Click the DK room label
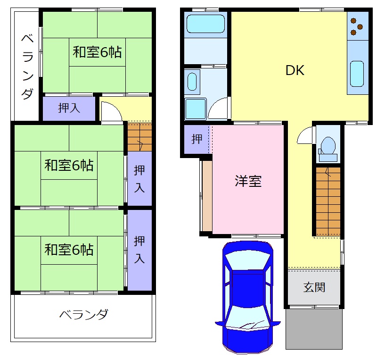point(295,70)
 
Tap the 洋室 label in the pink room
point(248,181)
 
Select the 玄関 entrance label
point(314,287)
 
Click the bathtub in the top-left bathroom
point(205,24)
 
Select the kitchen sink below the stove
point(357,74)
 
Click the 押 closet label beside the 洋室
point(197,139)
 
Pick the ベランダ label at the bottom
point(84,315)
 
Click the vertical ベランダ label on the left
point(26,66)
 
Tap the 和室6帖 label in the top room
point(97,52)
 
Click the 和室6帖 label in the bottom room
point(69,249)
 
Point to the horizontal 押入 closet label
point(69,108)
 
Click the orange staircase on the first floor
point(328,201)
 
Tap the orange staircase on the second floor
point(139,137)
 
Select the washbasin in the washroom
point(192,81)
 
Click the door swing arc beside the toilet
point(304,136)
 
